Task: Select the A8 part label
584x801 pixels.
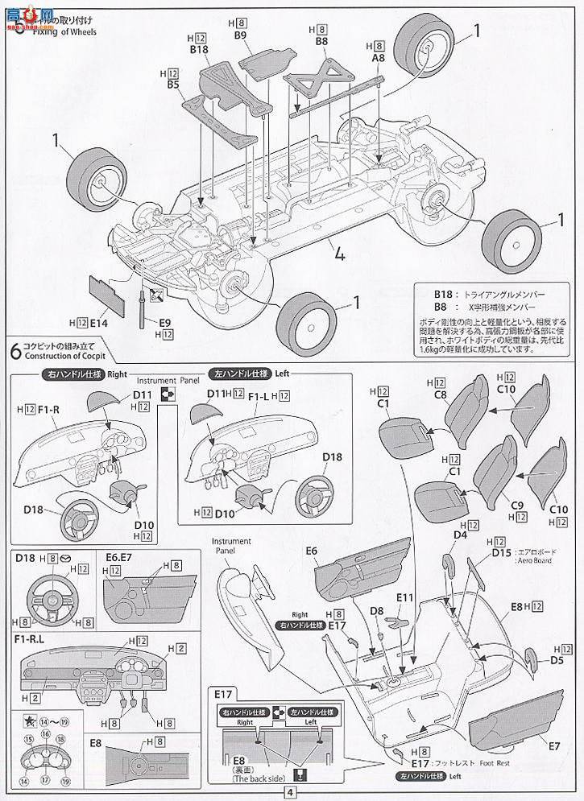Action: pyautogui.click(x=379, y=59)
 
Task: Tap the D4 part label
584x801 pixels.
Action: pyautogui.click(x=460, y=535)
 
